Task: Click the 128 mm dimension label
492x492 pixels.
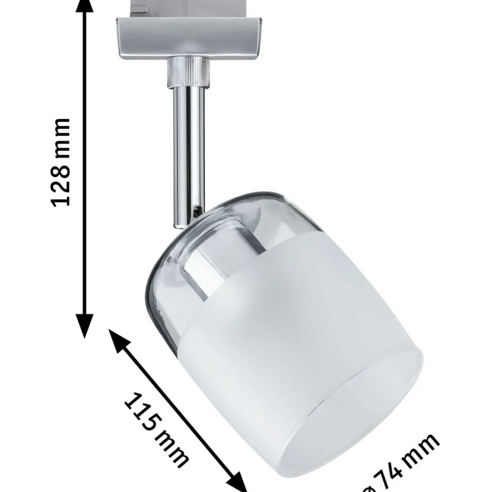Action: pos(60,162)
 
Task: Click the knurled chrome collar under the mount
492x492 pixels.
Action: pos(188,72)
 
